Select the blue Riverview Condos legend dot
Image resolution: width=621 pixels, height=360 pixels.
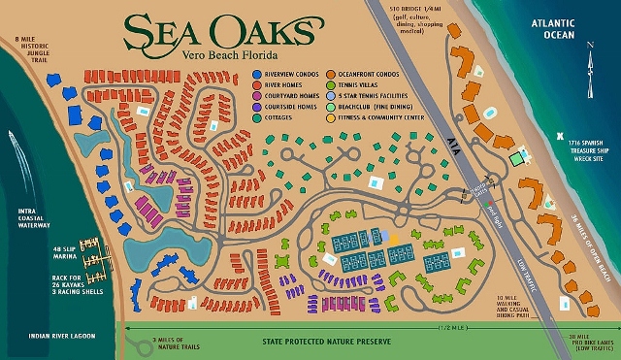tap(255, 73)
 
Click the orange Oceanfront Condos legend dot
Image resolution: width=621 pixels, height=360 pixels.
tap(331, 73)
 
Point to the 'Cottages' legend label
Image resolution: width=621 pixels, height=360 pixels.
tap(278, 116)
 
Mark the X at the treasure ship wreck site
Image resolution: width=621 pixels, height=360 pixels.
tap(560, 137)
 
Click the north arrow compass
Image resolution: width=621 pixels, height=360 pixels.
tap(591, 58)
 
